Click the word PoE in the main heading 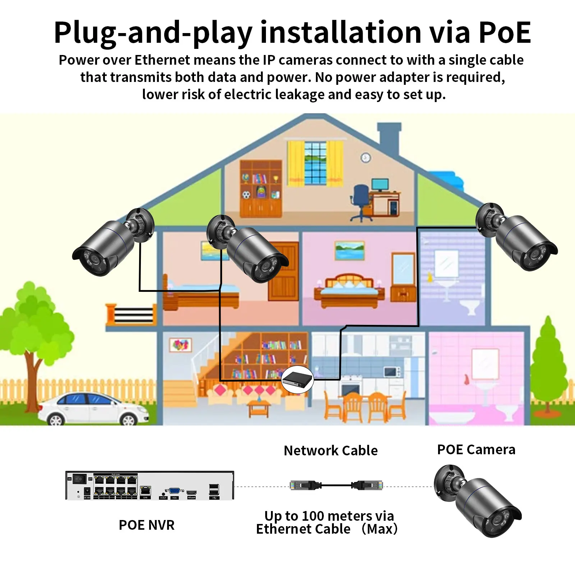(x=505, y=33)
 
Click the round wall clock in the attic (x=365, y=157)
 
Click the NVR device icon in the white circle (x=297, y=380)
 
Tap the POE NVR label (x=147, y=525)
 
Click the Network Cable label (x=331, y=450)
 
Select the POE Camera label (x=476, y=450)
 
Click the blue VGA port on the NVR (x=174, y=491)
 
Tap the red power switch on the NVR (x=80, y=479)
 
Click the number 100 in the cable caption (x=313, y=516)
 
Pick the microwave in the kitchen (x=392, y=372)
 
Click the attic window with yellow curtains (x=315, y=163)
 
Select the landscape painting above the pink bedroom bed (x=349, y=250)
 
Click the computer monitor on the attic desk (x=380, y=185)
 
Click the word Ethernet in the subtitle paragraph (x=162, y=60)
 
